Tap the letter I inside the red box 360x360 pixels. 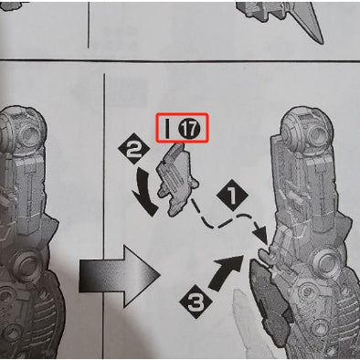pyautogui.click(x=169, y=129)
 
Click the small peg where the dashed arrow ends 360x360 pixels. pyautogui.click(x=265, y=251)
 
